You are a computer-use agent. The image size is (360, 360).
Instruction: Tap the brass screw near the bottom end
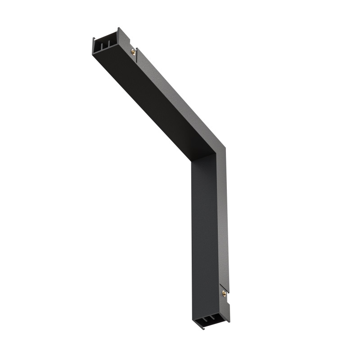224,293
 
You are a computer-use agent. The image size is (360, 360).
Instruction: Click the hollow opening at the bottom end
208,321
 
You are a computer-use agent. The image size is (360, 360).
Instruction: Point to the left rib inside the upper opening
102,45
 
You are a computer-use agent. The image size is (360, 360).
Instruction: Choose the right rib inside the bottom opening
211,320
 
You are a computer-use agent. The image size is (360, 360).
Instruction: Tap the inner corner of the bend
192,162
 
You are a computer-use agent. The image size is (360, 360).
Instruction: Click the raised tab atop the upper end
119,30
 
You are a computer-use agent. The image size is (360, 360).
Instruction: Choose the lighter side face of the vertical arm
224,225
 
